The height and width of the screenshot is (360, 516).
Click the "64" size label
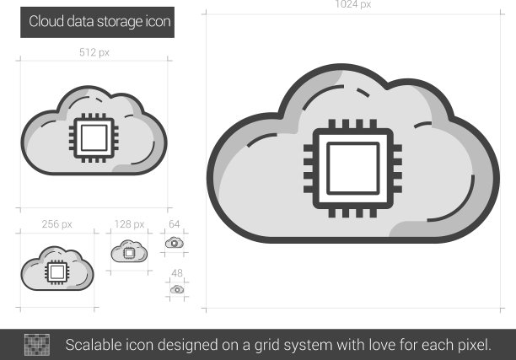pyautogui.click(x=174, y=224)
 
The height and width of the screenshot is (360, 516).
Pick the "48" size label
pyautogui.click(x=177, y=273)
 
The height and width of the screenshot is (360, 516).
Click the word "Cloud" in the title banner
pyautogui.click(x=46, y=22)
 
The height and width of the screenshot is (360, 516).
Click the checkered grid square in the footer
pyautogui.click(x=37, y=345)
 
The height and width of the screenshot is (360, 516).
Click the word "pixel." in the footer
pyautogui.click(x=475, y=346)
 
